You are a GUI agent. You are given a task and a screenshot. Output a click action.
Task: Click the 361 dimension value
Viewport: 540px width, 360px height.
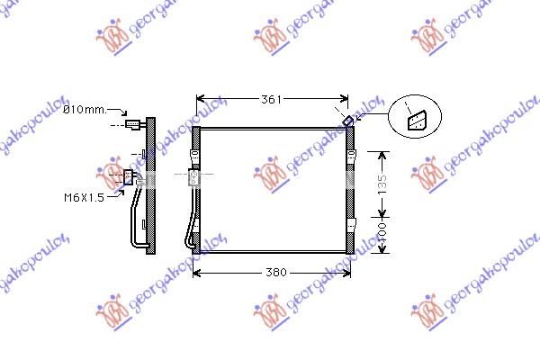click(x=272, y=100)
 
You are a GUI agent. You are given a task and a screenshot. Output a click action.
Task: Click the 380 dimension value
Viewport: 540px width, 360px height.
click(x=276, y=273)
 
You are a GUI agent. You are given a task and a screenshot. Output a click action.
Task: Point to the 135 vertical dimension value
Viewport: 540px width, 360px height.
click(x=382, y=184)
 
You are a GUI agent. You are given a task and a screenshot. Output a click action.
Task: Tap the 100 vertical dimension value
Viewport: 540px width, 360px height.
click(x=382, y=233)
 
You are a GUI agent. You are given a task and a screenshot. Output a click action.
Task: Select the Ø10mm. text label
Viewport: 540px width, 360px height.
click(x=85, y=110)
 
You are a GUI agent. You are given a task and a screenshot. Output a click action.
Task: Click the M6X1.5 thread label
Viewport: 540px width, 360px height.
click(x=84, y=198)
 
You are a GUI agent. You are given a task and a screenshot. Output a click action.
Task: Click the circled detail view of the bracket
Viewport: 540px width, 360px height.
click(x=415, y=116)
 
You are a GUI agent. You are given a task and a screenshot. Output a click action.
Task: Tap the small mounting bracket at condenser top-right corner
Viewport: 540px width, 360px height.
click(x=347, y=121)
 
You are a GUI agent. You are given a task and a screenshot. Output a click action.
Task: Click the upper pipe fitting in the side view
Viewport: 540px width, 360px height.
click(x=133, y=124)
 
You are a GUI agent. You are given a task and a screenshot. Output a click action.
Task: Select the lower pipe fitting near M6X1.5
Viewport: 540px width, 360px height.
click(x=128, y=177)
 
